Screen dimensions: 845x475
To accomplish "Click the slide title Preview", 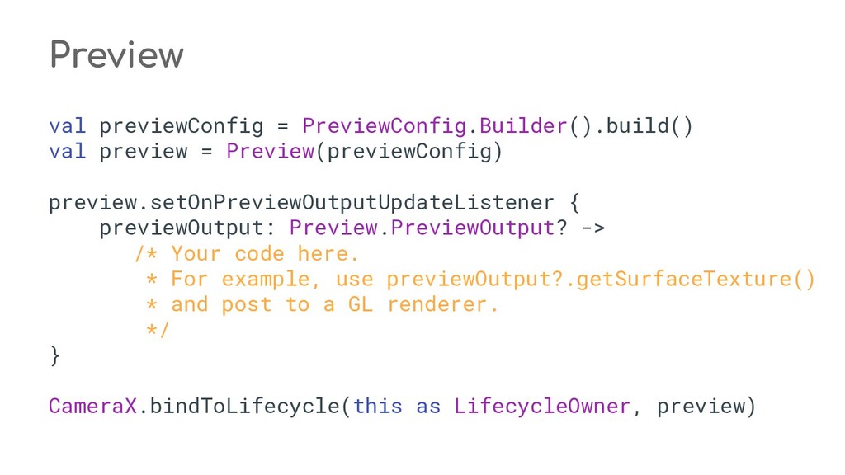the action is point(116,55).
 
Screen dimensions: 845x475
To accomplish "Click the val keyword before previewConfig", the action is point(67,126).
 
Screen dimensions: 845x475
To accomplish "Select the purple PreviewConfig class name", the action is point(384,126).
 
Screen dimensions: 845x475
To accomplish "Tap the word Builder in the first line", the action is point(522,126).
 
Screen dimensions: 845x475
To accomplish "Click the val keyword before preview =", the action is point(67,152).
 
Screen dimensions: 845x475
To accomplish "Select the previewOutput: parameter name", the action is point(187,228).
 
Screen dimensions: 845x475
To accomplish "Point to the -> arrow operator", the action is point(592,228).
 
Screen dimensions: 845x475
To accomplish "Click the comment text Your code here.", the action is point(265,253).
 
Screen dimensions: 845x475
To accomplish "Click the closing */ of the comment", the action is point(156,330).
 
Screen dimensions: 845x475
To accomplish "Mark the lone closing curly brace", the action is point(54,355).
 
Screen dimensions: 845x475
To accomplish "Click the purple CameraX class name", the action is point(92,406).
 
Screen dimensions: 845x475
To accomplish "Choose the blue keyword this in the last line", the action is point(377,406).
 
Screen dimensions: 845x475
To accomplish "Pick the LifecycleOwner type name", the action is point(542,406).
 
